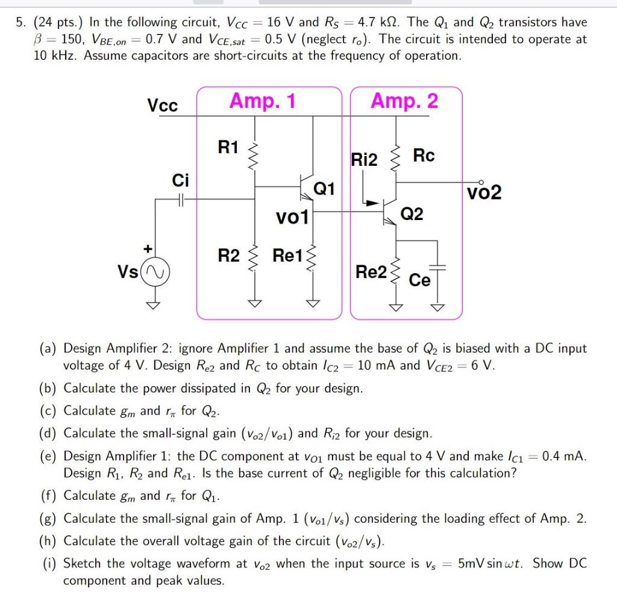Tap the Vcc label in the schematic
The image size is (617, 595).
[163, 105]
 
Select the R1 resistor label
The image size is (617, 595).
[228, 147]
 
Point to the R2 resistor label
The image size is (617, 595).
[228, 256]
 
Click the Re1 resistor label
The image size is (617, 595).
[289, 256]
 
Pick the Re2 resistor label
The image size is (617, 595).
[371, 272]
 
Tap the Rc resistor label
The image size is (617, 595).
[424, 156]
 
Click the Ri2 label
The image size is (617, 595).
[364, 160]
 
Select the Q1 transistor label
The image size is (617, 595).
[324, 189]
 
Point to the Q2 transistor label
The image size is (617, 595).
[412, 214]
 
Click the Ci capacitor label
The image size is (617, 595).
[180, 180]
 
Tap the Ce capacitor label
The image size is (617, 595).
[419, 280]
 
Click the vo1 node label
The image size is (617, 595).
[292, 217]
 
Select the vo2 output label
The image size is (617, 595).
[484, 193]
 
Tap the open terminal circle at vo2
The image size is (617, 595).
[481, 181]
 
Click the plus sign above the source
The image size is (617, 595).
[146, 248]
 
